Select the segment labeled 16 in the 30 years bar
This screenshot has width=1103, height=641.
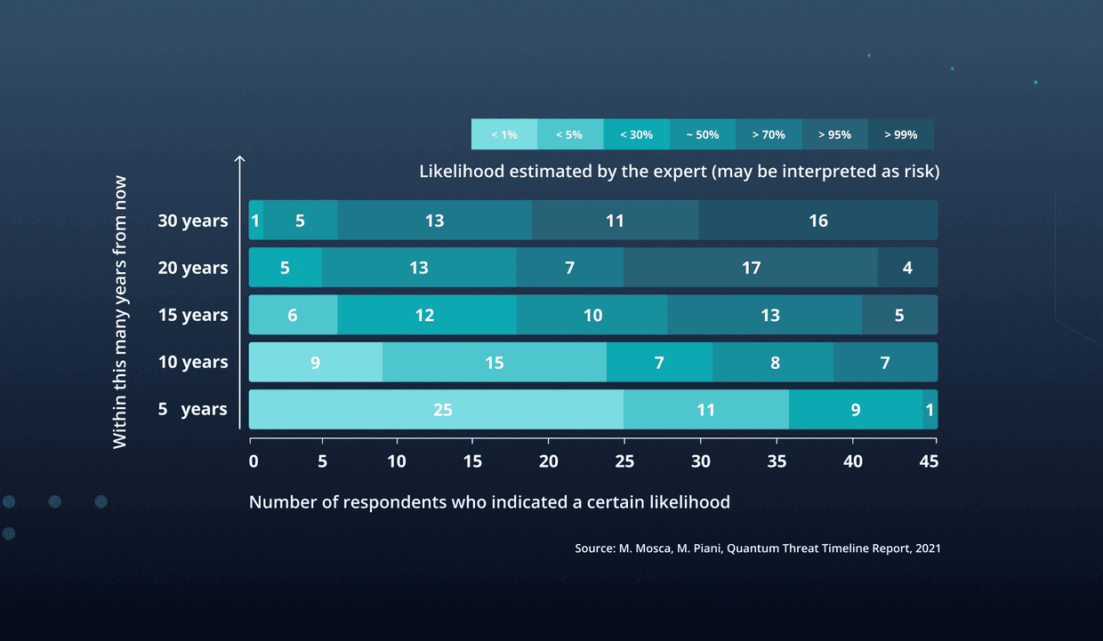818,220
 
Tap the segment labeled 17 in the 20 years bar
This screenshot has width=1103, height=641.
751,268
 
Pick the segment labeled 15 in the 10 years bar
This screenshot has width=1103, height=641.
495,363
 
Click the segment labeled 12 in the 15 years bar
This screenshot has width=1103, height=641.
426,316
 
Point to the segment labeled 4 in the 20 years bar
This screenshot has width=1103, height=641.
907,268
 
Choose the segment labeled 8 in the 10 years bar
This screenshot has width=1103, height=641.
774,363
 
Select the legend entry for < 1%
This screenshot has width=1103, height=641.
504,134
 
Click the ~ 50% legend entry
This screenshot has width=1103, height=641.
702,134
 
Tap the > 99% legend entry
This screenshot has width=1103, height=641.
900,134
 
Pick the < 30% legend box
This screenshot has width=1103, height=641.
636,134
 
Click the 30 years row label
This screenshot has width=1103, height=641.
193,221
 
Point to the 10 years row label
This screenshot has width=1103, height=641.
193,363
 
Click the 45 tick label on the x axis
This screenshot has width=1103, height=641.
929,461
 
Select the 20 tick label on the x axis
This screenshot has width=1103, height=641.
549,461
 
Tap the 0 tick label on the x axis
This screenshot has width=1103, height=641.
254,461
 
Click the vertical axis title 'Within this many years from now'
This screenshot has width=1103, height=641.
121,312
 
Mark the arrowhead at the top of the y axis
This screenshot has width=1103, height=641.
239,160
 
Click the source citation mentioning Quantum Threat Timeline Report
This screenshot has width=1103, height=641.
757,549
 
